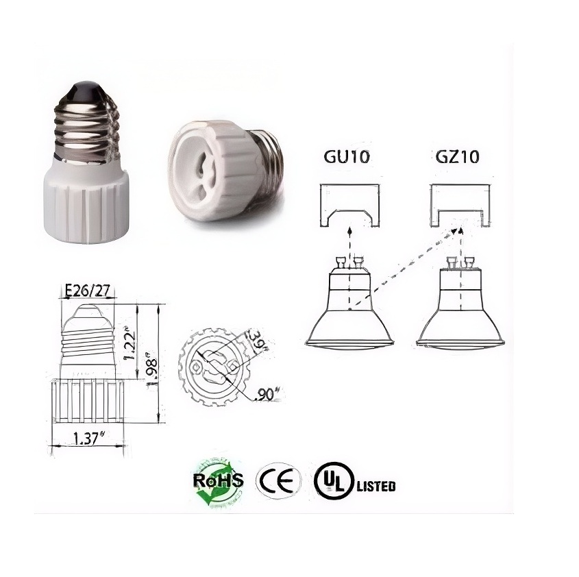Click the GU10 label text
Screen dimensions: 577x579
coord(347,156)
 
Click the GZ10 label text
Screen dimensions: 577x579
coord(456,156)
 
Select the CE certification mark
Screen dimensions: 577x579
coord(278,480)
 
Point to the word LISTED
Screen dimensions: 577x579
coord(375,487)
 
